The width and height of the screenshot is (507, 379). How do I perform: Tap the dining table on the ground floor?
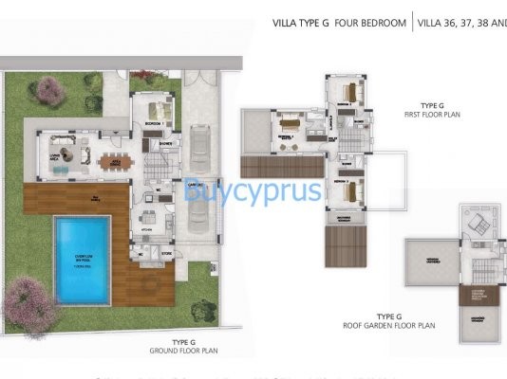(x=115, y=162)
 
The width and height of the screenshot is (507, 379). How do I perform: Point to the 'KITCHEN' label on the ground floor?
(x=148, y=228)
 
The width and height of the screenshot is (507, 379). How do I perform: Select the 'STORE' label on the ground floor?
(x=166, y=252)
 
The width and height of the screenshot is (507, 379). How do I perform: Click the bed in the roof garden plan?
(x=476, y=224)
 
